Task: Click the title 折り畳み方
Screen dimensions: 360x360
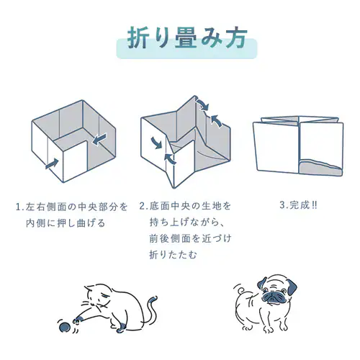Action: (x=186, y=39)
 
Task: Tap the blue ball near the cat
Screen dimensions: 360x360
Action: (x=65, y=328)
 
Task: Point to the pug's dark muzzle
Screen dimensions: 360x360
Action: (x=271, y=297)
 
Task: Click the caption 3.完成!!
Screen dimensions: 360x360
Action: (x=298, y=205)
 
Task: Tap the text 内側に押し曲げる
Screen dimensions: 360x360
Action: (x=66, y=223)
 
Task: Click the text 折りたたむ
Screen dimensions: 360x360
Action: (x=173, y=255)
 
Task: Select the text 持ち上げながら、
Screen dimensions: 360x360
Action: (x=187, y=222)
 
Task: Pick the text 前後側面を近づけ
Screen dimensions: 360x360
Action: (x=191, y=238)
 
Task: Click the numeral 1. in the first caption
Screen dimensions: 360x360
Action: (x=19, y=207)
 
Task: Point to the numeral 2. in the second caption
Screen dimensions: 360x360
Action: (x=143, y=206)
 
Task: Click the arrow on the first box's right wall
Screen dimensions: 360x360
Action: (x=99, y=140)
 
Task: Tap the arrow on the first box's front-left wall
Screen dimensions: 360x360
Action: (x=52, y=163)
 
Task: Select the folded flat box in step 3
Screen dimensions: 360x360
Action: (x=298, y=146)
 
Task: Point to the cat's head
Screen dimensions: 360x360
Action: (x=99, y=297)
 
